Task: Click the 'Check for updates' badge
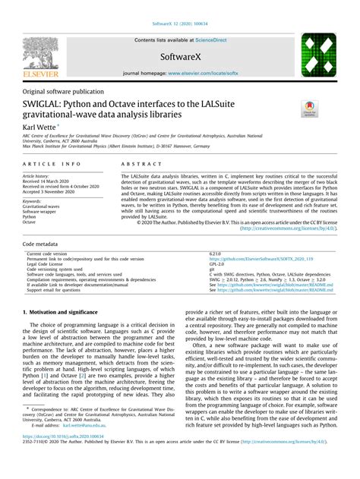[311, 109]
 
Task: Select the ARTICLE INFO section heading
[52, 164]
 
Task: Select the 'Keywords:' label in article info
[33, 200]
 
